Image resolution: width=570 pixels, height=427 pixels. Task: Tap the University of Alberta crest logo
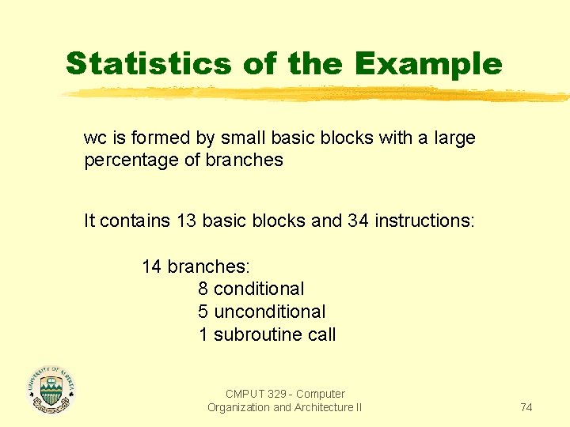[x=51, y=389]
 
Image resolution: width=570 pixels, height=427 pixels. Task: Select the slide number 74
[x=526, y=407]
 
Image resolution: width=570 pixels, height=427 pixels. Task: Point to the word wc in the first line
[x=94, y=138]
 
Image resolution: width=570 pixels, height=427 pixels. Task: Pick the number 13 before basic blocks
[x=187, y=221]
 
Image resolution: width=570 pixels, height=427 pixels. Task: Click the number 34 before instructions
[x=358, y=221]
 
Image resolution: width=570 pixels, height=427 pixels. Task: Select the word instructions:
[x=424, y=221]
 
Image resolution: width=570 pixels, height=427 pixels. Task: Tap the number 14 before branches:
[x=151, y=267]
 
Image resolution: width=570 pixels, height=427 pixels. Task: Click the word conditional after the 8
[x=259, y=289]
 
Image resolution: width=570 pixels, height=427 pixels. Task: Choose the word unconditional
[x=270, y=312]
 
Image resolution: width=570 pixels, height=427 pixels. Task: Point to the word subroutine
[x=258, y=334]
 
